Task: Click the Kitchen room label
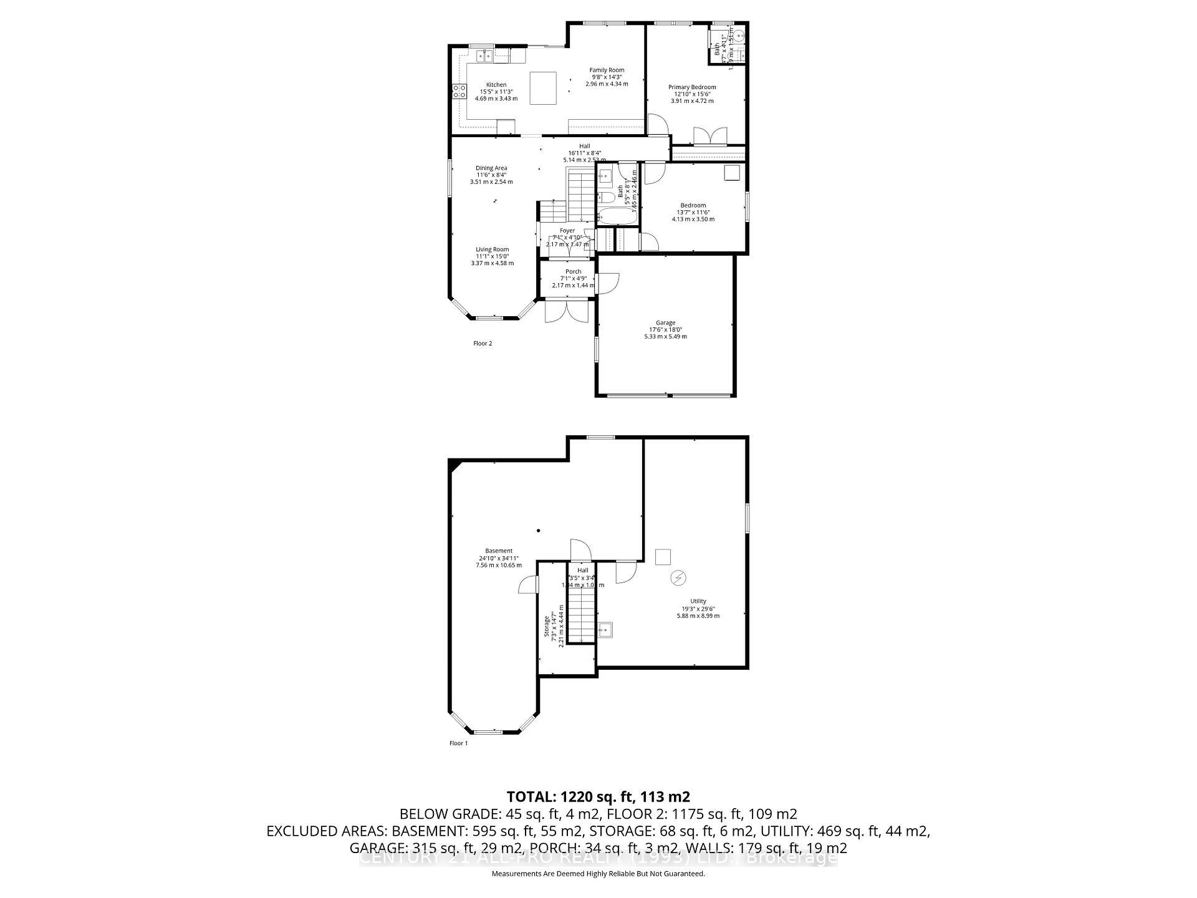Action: tap(496, 85)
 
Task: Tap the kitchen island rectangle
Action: tap(543, 88)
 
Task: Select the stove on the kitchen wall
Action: tap(459, 91)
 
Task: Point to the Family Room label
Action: tap(607, 70)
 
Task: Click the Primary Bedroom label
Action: tap(692, 87)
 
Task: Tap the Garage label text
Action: tap(665, 323)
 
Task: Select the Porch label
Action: tap(573, 272)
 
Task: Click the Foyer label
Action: tap(567, 231)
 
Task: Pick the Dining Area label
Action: tap(491, 168)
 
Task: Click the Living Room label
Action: tap(492, 249)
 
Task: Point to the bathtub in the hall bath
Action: tap(617, 216)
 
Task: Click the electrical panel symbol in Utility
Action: tap(678, 578)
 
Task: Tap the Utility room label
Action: tap(698, 602)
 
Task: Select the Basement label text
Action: tap(499, 551)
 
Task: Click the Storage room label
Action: tap(547, 626)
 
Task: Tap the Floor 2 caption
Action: tap(483, 344)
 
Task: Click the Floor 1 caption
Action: tap(458, 743)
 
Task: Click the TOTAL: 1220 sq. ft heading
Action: tap(598, 797)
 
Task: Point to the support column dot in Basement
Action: tap(539, 531)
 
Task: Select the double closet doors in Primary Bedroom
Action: tap(710, 136)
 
